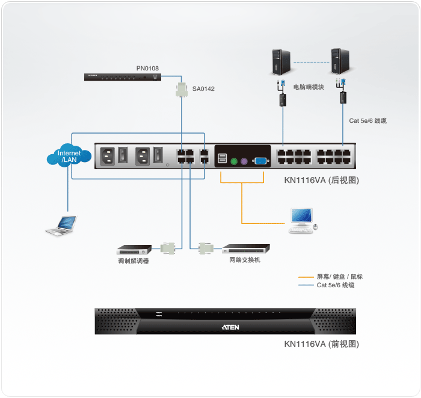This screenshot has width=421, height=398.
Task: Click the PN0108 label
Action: pyautogui.click(x=147, y=69)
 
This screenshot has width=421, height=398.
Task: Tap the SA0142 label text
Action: pyautogui.click(x=203, y=89)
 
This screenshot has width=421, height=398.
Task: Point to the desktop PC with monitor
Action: pyautogui.click(x=302, y=220)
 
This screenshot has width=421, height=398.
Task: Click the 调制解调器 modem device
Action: pyautogui.click(x=134, y=248)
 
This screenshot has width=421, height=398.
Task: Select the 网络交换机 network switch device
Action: pyautogui.click(x=246, y=248)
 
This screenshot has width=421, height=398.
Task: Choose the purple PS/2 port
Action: pyautogui.click(x=244, y=161)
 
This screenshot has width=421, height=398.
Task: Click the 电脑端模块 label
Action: pyautogui.click(x=309, y=87)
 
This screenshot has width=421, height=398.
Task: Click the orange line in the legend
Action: pyautogui.click(x=306, y=277)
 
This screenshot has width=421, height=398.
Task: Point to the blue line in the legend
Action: pyautogui.click(x=306, y=285)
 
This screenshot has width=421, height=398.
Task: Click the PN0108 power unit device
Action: pyautogui.click(x=123, y=76)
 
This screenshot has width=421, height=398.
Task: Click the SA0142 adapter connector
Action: pyautogui.click(x=181, y=90)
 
